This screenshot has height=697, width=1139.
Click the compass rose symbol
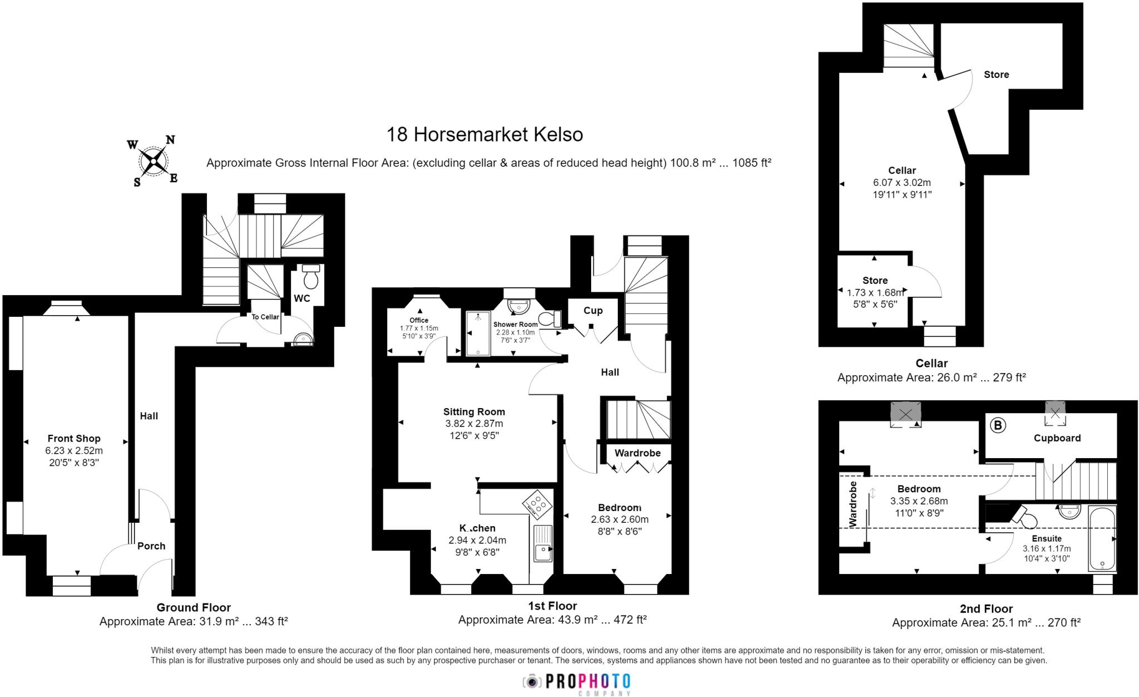click(153, 161)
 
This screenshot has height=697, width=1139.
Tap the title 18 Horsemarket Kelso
click(484, 135)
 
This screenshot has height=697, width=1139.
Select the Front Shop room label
click(74, 439)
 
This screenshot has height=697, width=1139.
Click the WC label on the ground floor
click(302, 299)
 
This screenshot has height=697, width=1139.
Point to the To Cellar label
click(265, 317)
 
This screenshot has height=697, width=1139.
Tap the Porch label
click(151, 546)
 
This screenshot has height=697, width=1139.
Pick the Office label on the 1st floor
click(419, 321)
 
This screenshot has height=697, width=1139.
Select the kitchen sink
click(542, 543)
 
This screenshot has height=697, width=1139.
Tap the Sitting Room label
click(474, 412)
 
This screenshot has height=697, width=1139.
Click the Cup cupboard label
click(593, 311)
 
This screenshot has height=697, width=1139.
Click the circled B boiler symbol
click(998, 426)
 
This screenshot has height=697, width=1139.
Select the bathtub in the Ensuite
click(1102, 538)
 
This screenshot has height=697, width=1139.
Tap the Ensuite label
click(1047, 538)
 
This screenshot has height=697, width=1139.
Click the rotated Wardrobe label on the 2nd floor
click(854, 504)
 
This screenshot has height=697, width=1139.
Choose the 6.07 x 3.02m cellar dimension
click(902, 183)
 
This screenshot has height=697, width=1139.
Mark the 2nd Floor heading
click(986, 609)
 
